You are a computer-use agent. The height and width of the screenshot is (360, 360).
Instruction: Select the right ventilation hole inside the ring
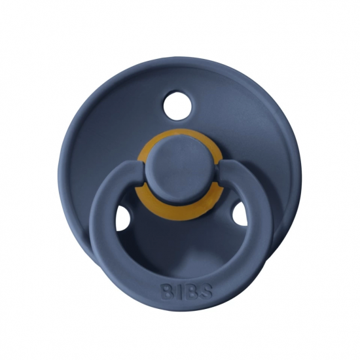tap(240, 214)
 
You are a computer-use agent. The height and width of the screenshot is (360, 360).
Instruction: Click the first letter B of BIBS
tap(167, 291)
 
